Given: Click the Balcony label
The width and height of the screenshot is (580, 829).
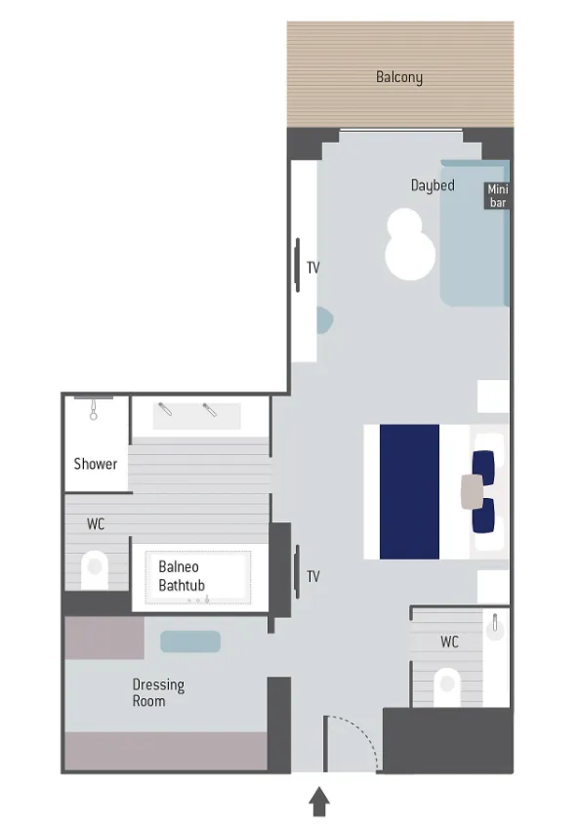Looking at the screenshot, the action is click(399, 77).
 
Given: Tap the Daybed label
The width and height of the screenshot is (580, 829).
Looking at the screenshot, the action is click(433, 186).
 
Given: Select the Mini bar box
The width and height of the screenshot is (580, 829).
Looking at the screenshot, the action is click(497, 195).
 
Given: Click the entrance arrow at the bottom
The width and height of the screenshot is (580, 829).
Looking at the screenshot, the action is click(319, 802).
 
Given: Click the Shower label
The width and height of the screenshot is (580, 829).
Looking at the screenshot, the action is click(95, 464).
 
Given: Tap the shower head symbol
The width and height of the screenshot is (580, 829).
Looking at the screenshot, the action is click(94, 409).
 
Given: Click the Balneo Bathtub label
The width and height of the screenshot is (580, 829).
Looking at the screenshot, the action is click(182, 576).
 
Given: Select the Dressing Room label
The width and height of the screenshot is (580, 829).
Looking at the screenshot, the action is click(158, 692).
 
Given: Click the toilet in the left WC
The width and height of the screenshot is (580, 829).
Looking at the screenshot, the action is click(95, 570).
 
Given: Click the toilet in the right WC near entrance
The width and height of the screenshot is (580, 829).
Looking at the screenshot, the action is click(447, 686).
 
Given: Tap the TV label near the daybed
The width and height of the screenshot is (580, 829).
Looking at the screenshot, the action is click(313, 268).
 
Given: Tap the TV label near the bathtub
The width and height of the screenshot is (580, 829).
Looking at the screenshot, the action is click(313, 576).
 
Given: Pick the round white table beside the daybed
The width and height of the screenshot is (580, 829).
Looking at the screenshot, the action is click(409, 245).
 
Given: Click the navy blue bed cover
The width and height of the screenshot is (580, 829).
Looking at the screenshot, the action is click(409, 492).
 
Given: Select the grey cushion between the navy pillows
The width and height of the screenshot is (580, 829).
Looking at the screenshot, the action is click(473, 492).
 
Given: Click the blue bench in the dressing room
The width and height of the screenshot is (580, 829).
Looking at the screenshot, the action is click(190, 642).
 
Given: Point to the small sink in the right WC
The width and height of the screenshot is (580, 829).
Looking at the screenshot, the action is click(495, 627).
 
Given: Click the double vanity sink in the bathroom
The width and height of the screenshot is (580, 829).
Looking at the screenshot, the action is click(196, 416).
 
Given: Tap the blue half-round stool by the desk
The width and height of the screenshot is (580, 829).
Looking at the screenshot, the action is click(324, 320).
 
